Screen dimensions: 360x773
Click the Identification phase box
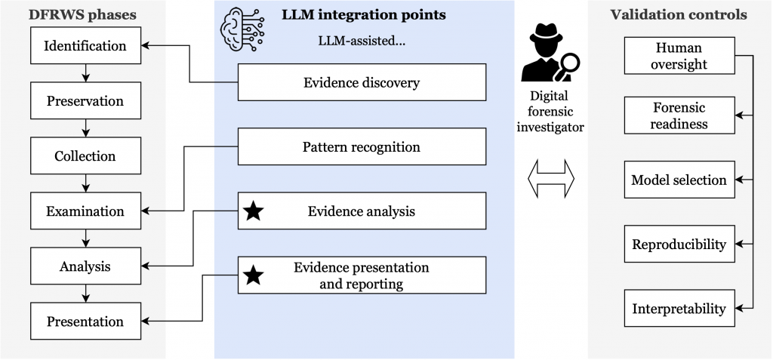pos(85,46)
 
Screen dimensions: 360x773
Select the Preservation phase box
pos(85,101)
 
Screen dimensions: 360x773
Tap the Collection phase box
pos(85,156)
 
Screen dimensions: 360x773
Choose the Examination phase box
pos(85,211)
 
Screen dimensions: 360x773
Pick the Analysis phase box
pos(85,266)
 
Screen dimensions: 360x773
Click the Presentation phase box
pos(85,322)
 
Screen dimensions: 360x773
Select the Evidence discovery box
pos(362,82)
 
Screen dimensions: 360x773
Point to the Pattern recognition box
pos(362,147)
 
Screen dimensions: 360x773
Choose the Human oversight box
pos(679,56)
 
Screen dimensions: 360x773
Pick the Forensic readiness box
pos(679,115)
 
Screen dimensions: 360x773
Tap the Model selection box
pos(679,180)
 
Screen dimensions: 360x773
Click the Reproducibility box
pos(679,245)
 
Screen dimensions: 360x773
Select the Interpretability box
pos(679,309)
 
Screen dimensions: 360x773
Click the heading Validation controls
pos(680,14)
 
